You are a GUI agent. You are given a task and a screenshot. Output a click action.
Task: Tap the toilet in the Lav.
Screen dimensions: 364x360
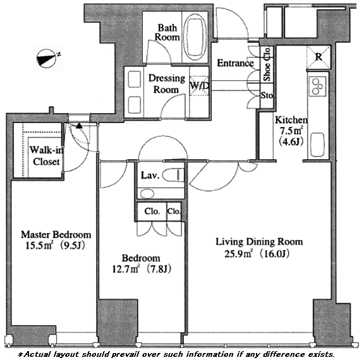click(173, 175)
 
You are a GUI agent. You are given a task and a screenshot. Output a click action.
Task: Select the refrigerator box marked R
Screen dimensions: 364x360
click(318, 57)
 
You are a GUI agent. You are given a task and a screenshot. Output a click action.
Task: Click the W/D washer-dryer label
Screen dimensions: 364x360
click(200, 86)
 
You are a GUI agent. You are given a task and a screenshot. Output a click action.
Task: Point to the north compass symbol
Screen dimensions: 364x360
click(47, 57)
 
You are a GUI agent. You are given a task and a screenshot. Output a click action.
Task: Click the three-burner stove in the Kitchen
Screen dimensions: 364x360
click(317, 87)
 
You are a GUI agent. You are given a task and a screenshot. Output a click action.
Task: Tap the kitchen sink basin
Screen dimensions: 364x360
click(317, 145)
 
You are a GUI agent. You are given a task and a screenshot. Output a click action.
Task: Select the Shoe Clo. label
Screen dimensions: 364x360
click(267, 64)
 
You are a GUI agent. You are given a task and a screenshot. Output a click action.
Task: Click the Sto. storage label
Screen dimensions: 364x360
click(267, 95)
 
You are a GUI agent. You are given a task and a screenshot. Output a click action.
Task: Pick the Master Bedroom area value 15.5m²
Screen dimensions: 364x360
click(40, 246)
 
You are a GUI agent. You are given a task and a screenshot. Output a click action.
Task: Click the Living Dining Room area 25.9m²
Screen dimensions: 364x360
click(238, 254)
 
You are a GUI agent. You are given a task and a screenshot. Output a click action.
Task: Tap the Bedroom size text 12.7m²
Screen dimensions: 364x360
click(126, 269)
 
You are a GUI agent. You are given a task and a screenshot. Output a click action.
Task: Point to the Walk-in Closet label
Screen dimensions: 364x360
click(46, 155)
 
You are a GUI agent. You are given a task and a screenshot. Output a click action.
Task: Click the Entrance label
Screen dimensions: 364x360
click(235, 63)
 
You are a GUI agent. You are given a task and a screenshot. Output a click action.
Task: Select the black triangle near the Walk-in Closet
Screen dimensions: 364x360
click(79, 126)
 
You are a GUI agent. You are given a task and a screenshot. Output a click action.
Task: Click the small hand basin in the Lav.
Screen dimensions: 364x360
click(147, 193)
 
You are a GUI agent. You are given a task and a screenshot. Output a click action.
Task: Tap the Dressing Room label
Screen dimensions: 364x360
click(167, 84)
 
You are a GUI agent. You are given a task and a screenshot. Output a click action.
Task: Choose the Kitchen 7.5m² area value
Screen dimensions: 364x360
click(291, 131)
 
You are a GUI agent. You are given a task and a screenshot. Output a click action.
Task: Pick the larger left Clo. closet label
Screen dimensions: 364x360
click(152, 212)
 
